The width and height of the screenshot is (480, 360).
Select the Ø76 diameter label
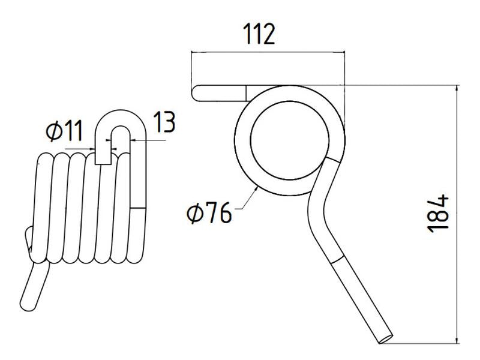[x=209, y=213]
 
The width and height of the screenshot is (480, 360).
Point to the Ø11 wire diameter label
[x=63, y=131]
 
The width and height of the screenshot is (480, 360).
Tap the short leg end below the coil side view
[x=30, y=288]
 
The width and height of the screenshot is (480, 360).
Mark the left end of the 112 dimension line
[x=191, y=53]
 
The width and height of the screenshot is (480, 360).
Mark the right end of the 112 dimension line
[x=347, y=53]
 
